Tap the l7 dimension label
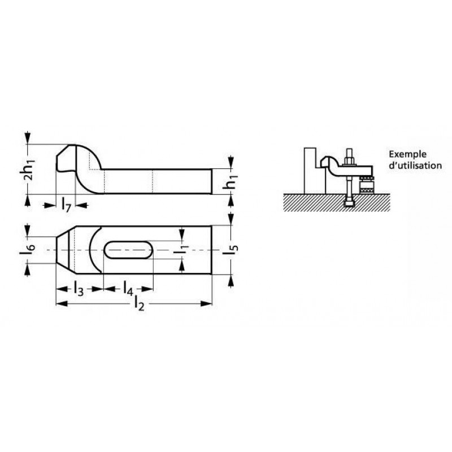(x=66, y=205)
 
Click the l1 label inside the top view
(x=181, y=250)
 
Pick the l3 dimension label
(x=78, y=289)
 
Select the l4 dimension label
(x=128, y=289)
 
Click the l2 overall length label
(x=139, y=304)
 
